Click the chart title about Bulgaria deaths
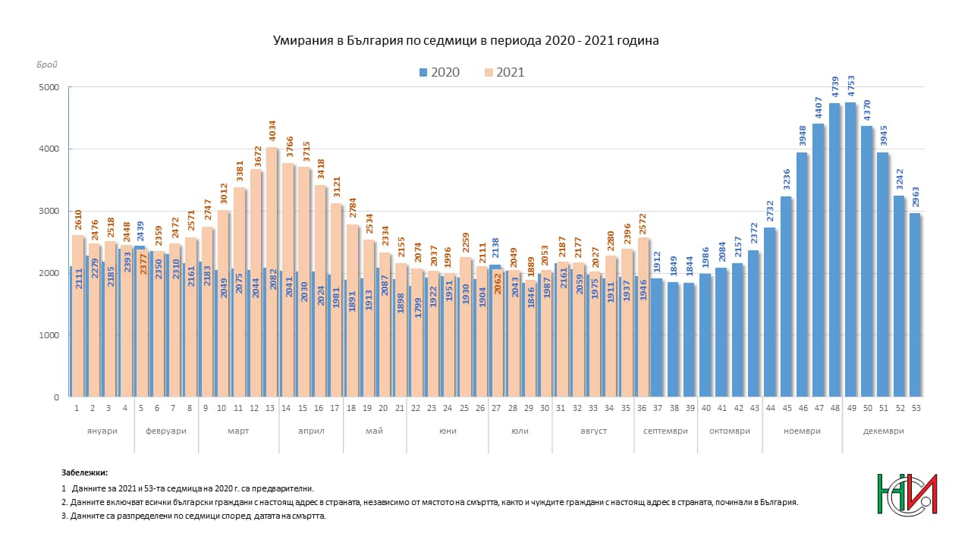(x=466, y=41)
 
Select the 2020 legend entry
(x=439, y=72)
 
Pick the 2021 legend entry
(x=504, y=72)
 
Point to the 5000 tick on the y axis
(x=49, y=87)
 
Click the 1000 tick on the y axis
(x=49, y=335)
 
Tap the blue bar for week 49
(x=850, y=249)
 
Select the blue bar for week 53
(x=915, y=305)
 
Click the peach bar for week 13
(x=272, y=272)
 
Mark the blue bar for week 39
(x=690, y=340)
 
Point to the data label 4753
(x=851, y=86)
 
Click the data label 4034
(x=272, y=131)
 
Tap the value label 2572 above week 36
(x=643, y=224)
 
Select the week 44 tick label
(x=770, y=408)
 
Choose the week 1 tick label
(x=77, y=408)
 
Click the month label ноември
(x=802, y=431)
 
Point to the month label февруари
(x=166, y=431)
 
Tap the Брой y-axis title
(x=47, y=64)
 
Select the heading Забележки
(x=84, y=472)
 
